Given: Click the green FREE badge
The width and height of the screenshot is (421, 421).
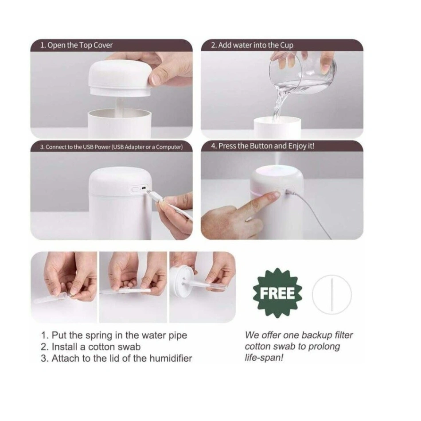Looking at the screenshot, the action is pos(277,293).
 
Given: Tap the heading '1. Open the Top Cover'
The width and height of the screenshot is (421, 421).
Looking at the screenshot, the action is pos(76,45).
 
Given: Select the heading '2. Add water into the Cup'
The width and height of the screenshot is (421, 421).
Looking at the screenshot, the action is pos(252,45).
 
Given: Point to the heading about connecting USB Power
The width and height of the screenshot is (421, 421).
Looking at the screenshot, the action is pos(111,147).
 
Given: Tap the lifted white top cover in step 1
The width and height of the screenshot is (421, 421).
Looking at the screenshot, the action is pos(120,79).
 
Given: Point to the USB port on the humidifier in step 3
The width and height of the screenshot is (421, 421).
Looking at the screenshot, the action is pos(144,188).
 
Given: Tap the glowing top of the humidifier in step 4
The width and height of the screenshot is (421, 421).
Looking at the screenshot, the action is pos(277,172).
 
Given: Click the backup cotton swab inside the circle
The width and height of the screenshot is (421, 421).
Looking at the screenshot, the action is pos(332,295).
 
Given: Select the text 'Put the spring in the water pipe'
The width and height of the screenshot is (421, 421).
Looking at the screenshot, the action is pos(119,335).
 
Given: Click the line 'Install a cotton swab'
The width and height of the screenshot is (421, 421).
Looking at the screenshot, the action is pos(96,347).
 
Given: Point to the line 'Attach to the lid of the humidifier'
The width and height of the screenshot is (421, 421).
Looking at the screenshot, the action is pos(122,359).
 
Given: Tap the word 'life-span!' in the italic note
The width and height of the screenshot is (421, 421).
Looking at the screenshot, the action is pos(264,358).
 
